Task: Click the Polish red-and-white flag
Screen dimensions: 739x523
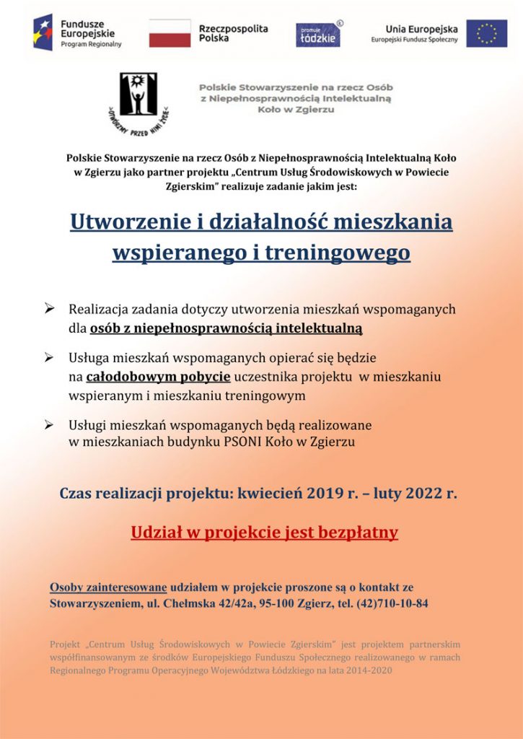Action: coord(170,33)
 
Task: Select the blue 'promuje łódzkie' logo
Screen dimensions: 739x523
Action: coord(318,34)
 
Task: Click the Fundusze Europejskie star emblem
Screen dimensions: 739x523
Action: coord(43,32)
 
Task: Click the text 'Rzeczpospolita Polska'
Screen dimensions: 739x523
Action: coord(233,33)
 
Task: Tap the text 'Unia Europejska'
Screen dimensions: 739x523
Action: coord(421,29)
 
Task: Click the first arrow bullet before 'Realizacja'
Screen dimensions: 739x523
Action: coord(50,309)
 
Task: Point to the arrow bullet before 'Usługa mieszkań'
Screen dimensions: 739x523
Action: coord(50,357)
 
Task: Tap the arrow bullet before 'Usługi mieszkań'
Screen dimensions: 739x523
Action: coord(50,425)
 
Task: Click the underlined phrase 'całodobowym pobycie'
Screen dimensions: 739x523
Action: coord(158,377)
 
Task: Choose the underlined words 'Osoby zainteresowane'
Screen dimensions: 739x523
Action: coord(108,587)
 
